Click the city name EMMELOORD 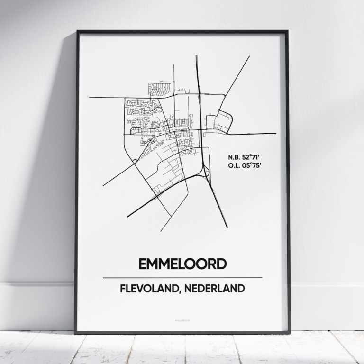click(x=182, y=264)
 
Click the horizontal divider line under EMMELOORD click(x=182, y=278)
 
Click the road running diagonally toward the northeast click(x=237, y=76)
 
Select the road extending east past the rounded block click(x=256, y=134)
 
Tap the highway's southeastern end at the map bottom click(x=226, y=225)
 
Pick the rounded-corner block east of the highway click(x=223, y=121)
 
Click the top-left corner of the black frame click(x=77, y=32)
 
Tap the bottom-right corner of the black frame click(x=289, y=332)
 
